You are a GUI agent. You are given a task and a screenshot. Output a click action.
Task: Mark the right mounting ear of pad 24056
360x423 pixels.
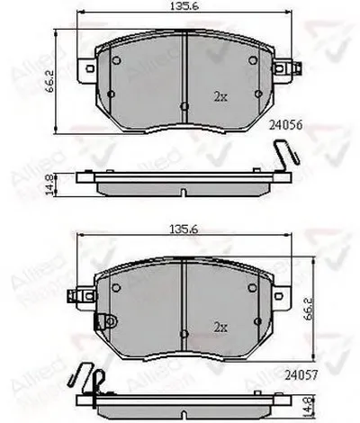[287, 67]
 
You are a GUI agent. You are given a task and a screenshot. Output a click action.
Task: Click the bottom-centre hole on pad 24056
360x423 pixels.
[184, 106]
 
